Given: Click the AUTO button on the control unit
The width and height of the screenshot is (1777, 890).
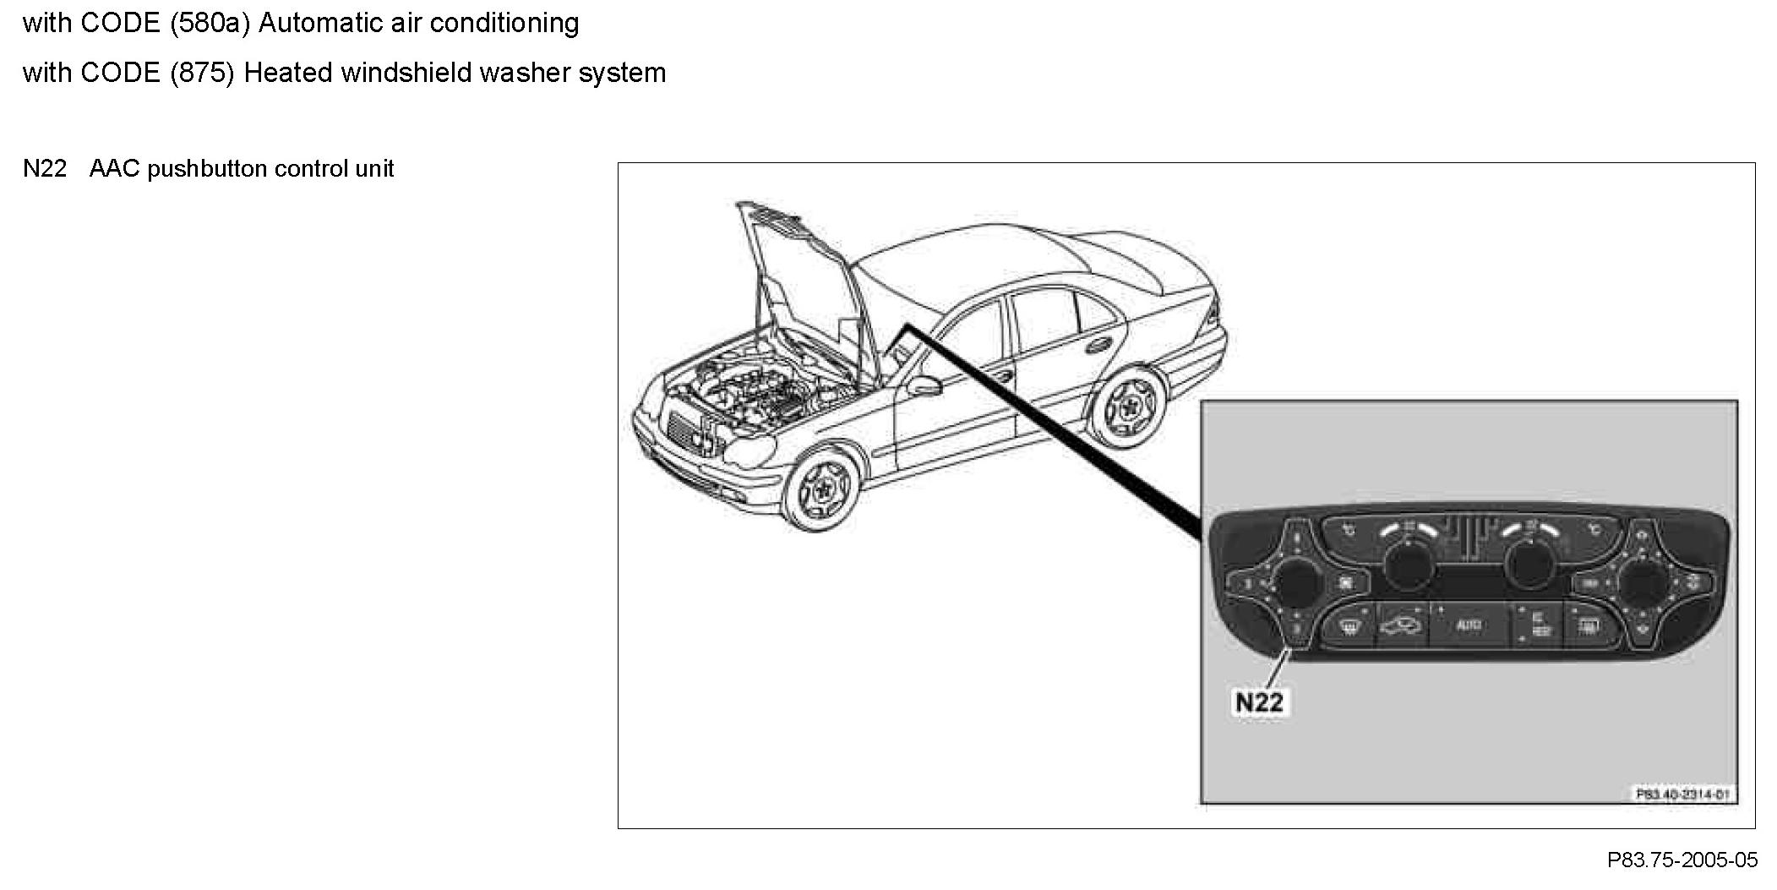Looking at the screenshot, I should click(1468, 625).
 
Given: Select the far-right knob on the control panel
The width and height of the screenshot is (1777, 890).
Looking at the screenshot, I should click(1643, 584).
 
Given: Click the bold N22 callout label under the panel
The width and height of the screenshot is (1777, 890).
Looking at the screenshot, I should click(1259, 702).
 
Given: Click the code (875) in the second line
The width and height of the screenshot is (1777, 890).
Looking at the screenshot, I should click(202, 73).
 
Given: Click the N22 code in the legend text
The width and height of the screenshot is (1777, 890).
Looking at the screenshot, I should click(45, 169).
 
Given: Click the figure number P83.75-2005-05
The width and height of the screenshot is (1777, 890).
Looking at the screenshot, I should click(1682, 860).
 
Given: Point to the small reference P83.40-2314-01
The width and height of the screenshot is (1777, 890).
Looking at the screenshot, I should click(1682, 794).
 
